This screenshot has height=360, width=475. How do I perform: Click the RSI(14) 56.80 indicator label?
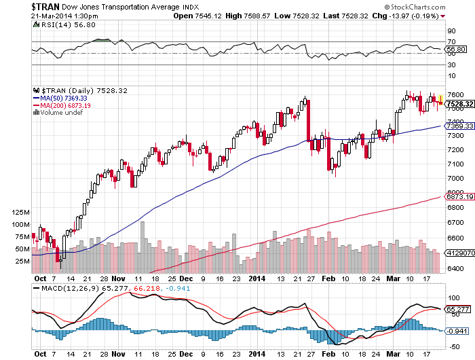pyautogui.click(x=60, y=24)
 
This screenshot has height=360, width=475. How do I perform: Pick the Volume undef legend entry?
pyautogui.click(x=60, y=113)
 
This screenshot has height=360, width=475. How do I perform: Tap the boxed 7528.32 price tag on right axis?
pyautogui.click(x=459, y=103)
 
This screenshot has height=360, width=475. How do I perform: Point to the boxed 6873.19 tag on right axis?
pyautogui.click(x=459, y=196)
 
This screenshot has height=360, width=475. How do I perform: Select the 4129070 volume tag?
pyautogui.click(x=459, y=253)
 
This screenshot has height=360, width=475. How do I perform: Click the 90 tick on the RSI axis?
pyautogui.click(x=449, y=31)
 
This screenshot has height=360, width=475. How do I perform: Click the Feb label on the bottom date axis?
pyautogui.click(x=327, y=278)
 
